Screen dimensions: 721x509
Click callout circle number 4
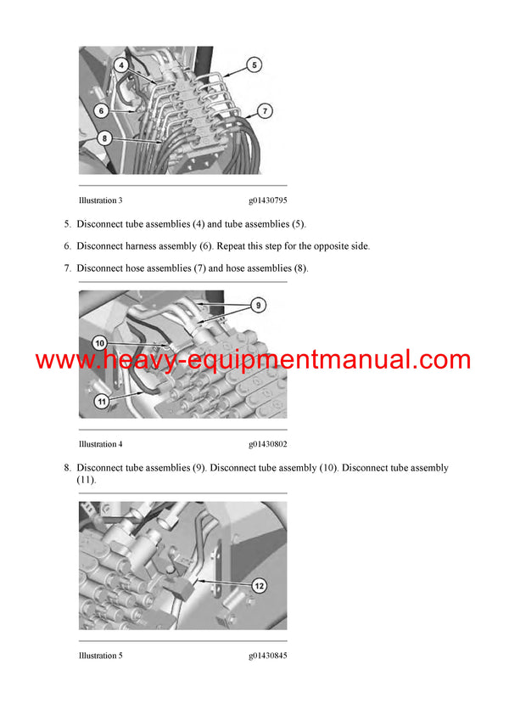(121, 65)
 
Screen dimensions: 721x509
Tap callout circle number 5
(255, 64)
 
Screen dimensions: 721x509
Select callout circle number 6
(101, 110)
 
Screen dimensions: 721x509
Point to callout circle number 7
(265, 110)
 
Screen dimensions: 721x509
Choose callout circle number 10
(100, 342)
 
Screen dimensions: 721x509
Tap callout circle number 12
(260, 584)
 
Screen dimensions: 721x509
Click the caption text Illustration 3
(100, 200)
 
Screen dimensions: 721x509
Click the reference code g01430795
(268, 200)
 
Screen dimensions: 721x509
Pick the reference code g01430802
(268, 444)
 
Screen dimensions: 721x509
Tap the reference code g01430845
(268, 656)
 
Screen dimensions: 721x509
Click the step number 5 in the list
(67, 224)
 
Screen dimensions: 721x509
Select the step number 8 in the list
(67, 468)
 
